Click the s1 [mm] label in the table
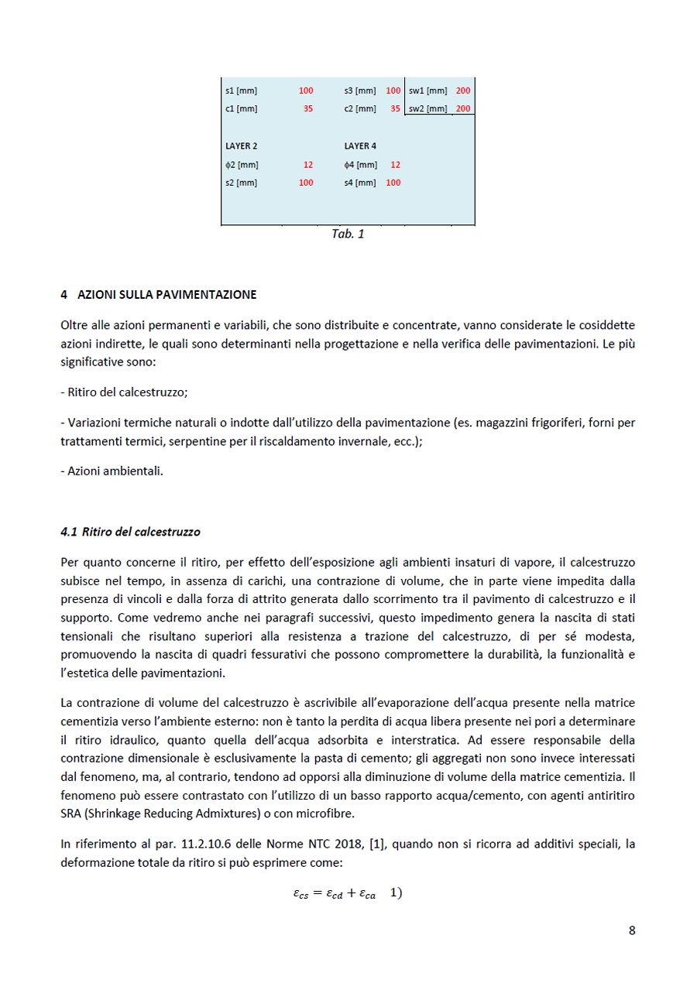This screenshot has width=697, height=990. click(241, 91)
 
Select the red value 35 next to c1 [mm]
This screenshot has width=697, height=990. click(307, 109)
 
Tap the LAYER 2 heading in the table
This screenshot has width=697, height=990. click(242, 146)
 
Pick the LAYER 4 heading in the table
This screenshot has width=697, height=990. click(360, 146)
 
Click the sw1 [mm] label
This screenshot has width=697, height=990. click(428, 91)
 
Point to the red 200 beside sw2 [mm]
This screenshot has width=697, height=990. click(463, 109)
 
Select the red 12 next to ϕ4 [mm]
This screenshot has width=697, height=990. click(396, 164)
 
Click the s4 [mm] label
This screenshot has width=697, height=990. click(360, 183)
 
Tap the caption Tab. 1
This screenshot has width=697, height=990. click(348, 234)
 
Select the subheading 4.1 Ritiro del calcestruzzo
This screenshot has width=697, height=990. click(130, 532)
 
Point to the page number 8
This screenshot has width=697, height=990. click(632, 930)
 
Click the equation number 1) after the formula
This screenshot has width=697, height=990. click(396, 892)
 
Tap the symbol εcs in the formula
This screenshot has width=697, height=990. click(300, 893)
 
